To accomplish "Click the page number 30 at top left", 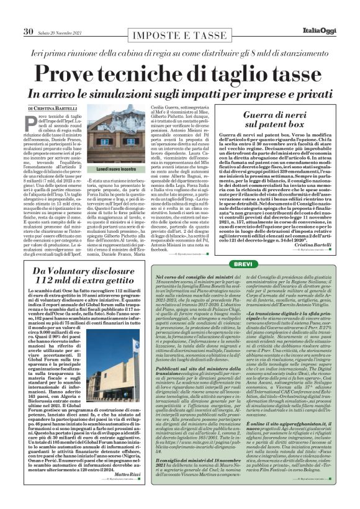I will coord(28,31).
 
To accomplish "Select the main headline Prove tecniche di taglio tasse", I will coord(179,73).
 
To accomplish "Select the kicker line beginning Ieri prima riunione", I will coord(179,53).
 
